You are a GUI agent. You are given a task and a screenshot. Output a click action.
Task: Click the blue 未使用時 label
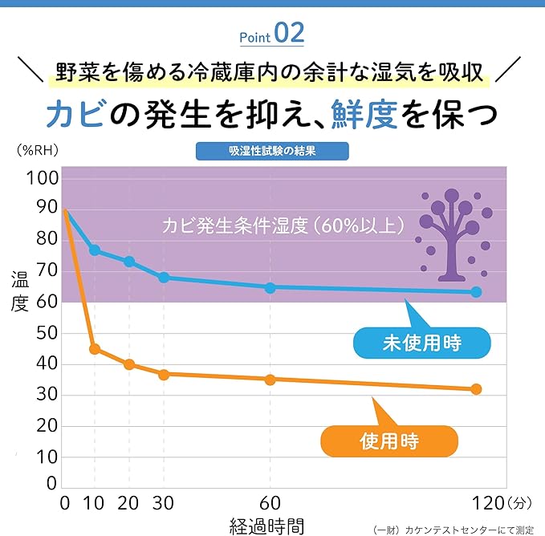click(421, 343)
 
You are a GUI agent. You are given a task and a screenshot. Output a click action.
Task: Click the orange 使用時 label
click(389, 441)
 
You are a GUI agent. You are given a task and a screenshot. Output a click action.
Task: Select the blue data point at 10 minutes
click(95, 250)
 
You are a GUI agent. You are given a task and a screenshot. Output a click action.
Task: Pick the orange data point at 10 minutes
click(95, 349)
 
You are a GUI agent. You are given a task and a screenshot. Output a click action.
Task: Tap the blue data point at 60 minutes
click(270, 287)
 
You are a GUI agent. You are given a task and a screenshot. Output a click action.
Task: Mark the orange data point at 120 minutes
click(476, 389)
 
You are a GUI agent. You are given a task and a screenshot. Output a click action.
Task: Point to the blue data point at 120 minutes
click(476, 292)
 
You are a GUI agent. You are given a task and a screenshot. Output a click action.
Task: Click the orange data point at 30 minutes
click(164, 375)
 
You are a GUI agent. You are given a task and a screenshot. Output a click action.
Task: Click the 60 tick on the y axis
click(47, 302)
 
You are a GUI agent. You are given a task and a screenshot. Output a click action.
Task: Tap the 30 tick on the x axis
click(164, 504)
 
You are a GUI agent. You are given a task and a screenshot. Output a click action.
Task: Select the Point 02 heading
click(272, 35)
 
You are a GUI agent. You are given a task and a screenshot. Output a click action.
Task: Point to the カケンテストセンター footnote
click(458, 530)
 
